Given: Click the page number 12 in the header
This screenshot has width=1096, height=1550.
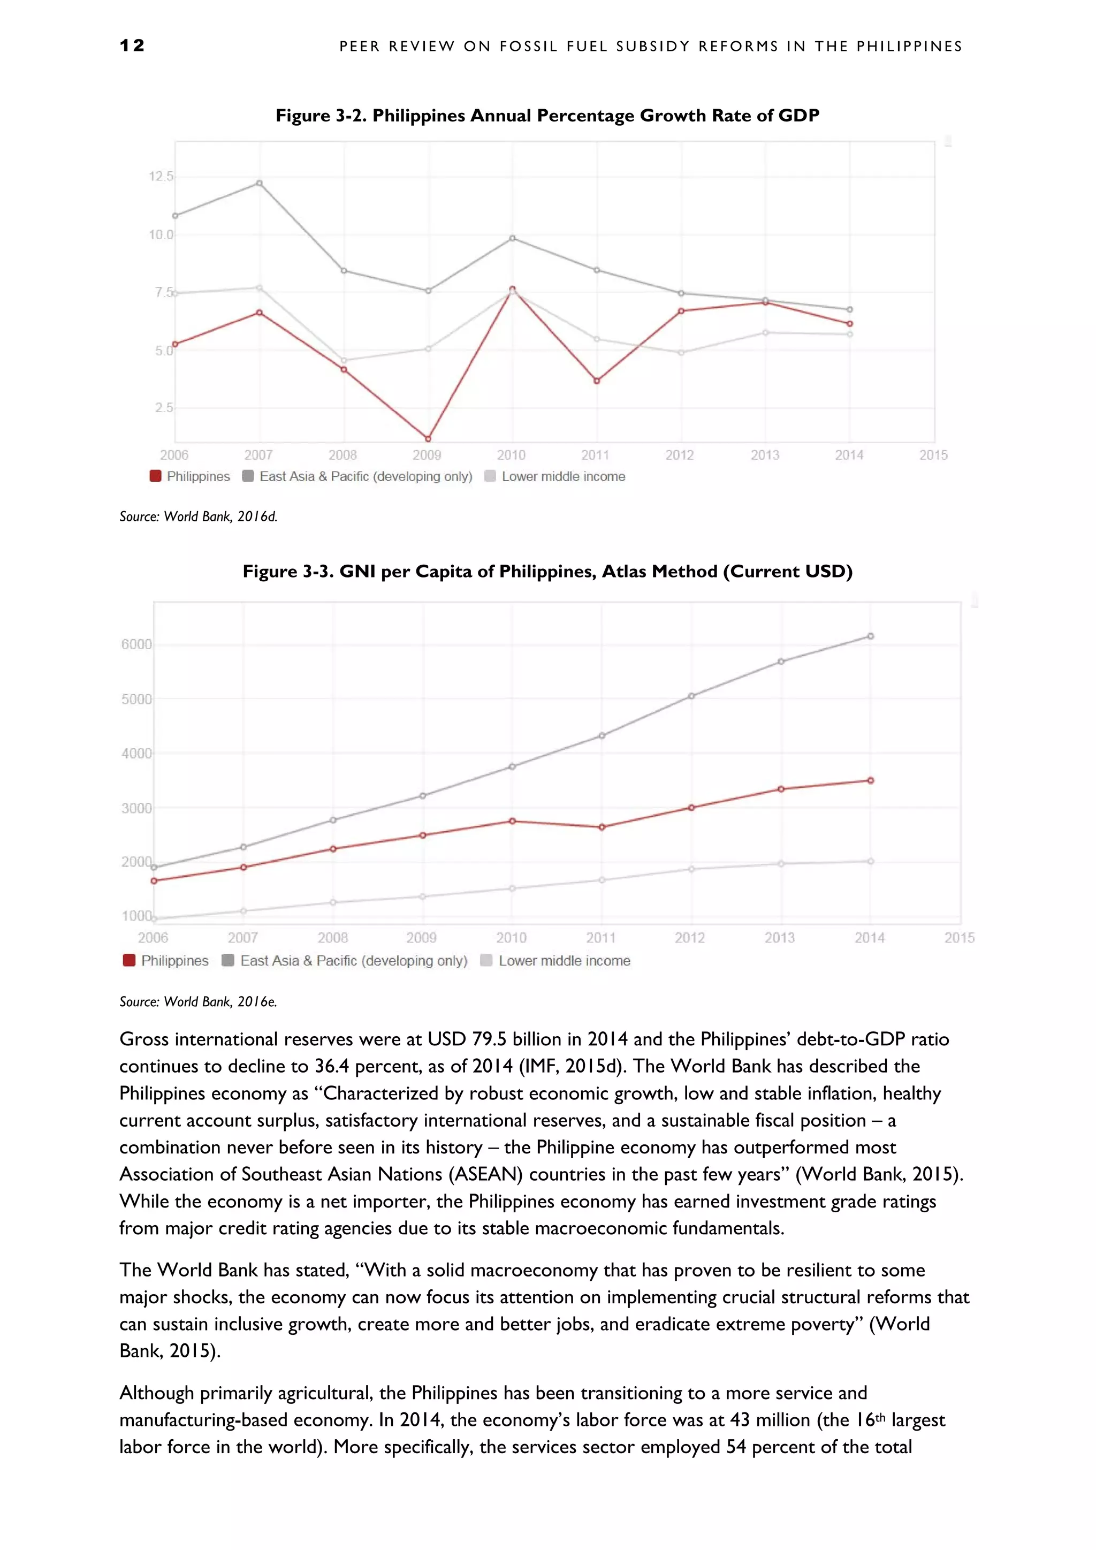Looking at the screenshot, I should tap(132, 45).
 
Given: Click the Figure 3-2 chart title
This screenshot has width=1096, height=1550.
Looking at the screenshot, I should tap(547, 116).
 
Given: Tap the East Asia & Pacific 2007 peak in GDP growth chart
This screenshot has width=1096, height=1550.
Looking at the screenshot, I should tap(259, 183).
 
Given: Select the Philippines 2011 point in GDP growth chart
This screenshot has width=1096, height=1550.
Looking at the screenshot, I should tap(597, 381).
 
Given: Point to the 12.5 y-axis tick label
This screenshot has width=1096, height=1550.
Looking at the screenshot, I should tap(161, 176).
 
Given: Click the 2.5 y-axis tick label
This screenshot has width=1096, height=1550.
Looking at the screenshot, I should tap(164, 408).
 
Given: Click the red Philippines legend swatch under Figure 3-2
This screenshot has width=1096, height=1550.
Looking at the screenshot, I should tap(155, 476).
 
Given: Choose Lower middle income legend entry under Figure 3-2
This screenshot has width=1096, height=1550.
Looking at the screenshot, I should tap(563, 476).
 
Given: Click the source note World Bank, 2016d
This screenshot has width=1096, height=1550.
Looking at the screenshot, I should tap(199, 516).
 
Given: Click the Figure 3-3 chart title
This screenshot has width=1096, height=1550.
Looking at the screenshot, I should tap(547, 572).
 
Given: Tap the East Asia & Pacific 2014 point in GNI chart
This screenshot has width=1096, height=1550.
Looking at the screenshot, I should tap(871, 636).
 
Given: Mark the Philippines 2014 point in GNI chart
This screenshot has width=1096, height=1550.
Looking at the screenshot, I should tap(871, 780).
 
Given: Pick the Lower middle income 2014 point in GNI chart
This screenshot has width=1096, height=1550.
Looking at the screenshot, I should tap(871, 861).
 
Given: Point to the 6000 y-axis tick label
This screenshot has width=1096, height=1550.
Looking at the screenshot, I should tap(136, 644).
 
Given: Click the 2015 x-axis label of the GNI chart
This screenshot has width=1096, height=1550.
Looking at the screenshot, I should tap(959, 937).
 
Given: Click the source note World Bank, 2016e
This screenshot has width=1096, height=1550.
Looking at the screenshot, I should tap(199, 1002).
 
